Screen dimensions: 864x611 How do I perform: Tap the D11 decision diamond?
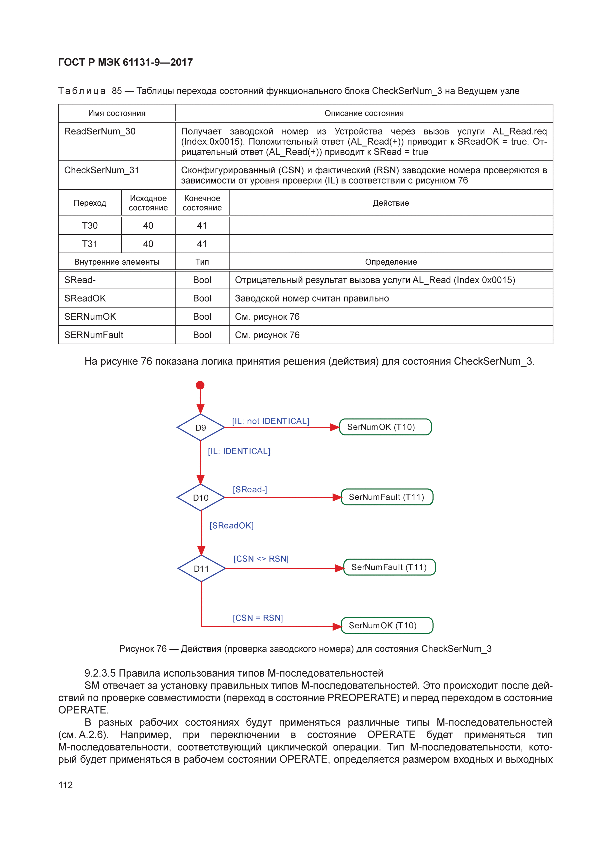tap(201, 568)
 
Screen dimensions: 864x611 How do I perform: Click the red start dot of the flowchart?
tap(200, 385)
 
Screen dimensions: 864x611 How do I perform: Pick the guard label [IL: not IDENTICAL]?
tap(271, 421)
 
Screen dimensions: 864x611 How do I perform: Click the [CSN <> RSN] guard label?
tap(261, 559)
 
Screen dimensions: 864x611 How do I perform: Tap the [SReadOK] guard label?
tap(232, 525)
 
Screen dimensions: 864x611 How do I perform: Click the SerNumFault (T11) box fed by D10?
tap(387, 497)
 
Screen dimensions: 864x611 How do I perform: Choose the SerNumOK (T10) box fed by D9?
tap(385, 427)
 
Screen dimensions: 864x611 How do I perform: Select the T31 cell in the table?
tap(90, 244)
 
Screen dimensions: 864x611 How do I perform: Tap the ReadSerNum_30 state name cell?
tap(100, 131)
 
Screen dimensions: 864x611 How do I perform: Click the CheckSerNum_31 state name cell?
tap(102, 170)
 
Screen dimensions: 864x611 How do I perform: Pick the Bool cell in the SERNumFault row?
tap(202, 335)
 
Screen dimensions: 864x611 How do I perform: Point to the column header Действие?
tap(391, 203)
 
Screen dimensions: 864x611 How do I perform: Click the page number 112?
tap(66, 785)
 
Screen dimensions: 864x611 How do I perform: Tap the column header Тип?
tap(202, 262)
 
